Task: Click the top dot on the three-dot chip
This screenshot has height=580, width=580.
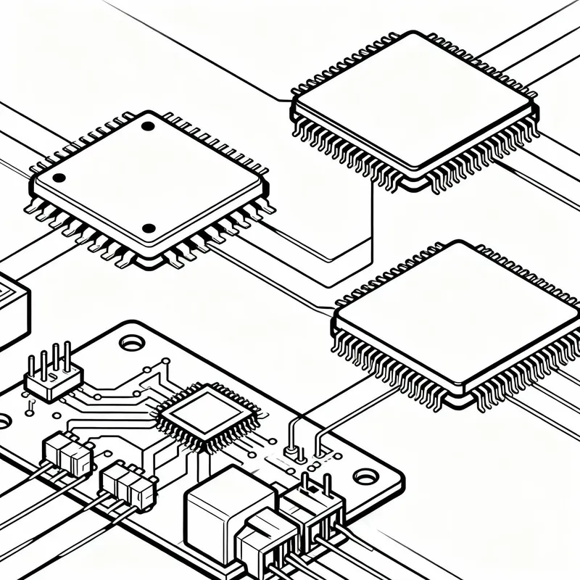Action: tap(148, 126)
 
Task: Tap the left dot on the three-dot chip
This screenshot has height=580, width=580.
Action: tap(59, 178)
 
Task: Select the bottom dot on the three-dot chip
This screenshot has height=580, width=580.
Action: tap(149, 229)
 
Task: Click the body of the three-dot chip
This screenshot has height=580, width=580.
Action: tap(145, 181)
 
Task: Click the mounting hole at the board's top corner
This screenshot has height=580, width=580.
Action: tap(132, 341)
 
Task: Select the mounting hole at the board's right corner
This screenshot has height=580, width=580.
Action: tap(366, 476)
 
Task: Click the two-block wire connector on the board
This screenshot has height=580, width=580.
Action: tap(67, 452)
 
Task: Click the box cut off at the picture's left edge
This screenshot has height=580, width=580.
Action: tap(13, 308)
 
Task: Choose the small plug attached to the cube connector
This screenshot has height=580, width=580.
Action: tap(268, 540)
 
